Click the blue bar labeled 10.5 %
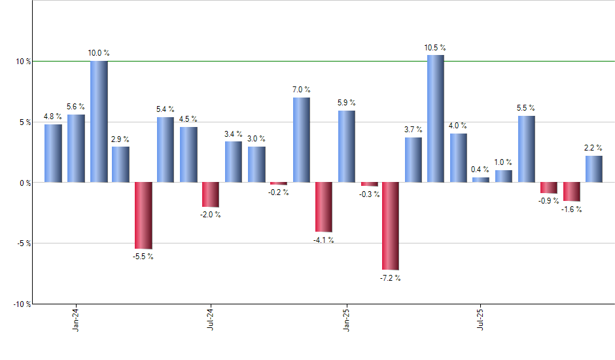(436, 118)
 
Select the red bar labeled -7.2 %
(391, 226)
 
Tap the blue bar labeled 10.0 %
(99, 122)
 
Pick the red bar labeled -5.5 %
(143, 215)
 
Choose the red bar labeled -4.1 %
(323, 207)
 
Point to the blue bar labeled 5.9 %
(346, 147)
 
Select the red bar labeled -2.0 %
(211, 194)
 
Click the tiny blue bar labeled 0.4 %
(480, 180)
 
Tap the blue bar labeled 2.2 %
(594, 169)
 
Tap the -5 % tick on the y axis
(24, 243)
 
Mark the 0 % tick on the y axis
(25, 183)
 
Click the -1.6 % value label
(571, 209)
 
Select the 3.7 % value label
(413, 130)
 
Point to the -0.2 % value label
(279, 192)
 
